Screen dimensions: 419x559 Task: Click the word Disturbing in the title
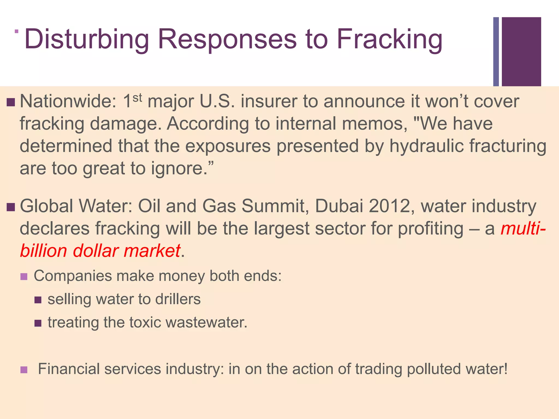tap(87, 40)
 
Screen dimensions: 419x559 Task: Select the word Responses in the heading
tap(227, 40)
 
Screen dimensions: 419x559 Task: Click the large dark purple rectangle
tap(521, 52)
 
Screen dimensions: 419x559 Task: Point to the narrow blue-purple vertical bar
tap(496, 52)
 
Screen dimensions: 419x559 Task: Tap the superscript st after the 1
tap(137, 97)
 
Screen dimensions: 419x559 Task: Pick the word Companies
tap(73, 276)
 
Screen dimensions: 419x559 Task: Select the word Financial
tap(69, 369)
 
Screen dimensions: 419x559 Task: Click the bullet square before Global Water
tap(11, 207)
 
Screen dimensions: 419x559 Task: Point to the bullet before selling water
tap(38, 300)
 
